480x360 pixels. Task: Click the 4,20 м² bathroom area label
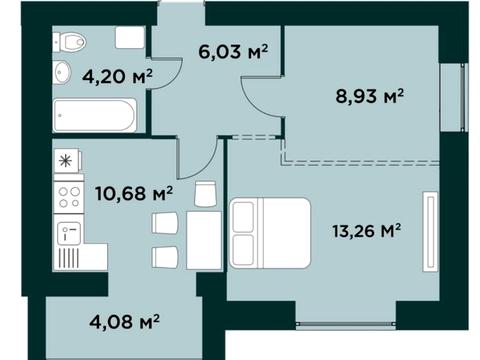point(117,76)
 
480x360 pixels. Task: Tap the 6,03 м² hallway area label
point(233,51)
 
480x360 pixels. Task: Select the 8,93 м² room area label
point(369,96)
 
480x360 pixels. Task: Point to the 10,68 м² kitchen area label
point(134,193)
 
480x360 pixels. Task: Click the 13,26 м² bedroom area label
point(366,231)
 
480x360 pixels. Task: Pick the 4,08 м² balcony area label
point(124,322)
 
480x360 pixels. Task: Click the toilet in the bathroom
point(69,42)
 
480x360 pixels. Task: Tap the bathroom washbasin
point(62,71)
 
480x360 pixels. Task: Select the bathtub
point(95,115)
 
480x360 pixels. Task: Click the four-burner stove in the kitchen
point(69,197)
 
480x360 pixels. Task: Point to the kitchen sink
point(69,233)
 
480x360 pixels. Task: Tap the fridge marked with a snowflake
point(68,161)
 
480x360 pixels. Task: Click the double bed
point(270,233)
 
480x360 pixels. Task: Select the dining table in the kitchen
point(204,240)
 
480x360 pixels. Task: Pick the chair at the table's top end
point(205,194)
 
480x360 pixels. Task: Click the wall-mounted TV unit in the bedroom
point(430,232)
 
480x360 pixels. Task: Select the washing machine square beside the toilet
point(130,37)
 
